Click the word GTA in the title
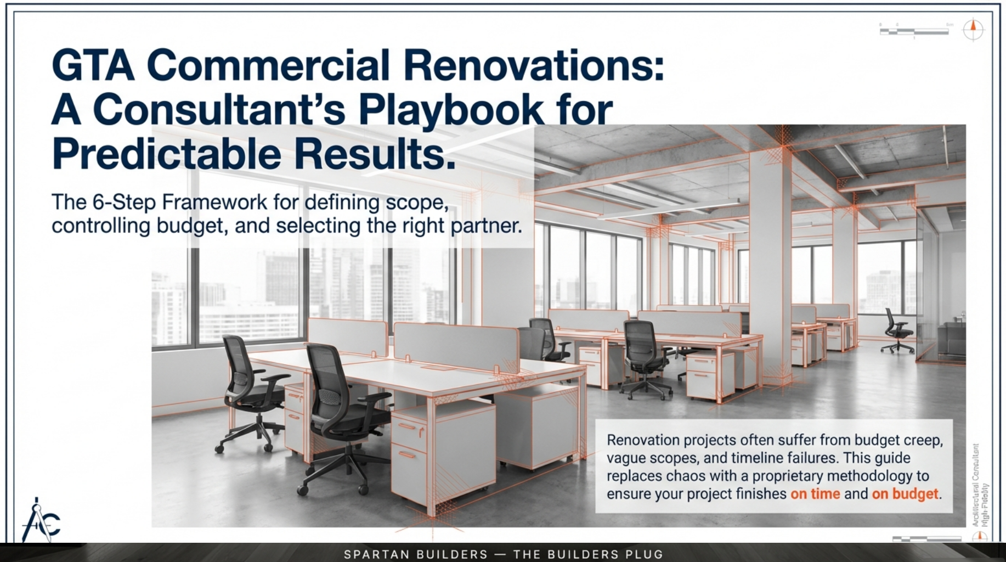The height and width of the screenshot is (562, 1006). tap(93, 66)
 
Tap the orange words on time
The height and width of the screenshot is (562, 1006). tap(815, 494)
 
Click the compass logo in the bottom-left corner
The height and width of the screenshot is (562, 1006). tap(40, 520)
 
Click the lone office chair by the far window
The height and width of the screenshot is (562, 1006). tap(897, 330)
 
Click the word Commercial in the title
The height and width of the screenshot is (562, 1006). tap(268, 66)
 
